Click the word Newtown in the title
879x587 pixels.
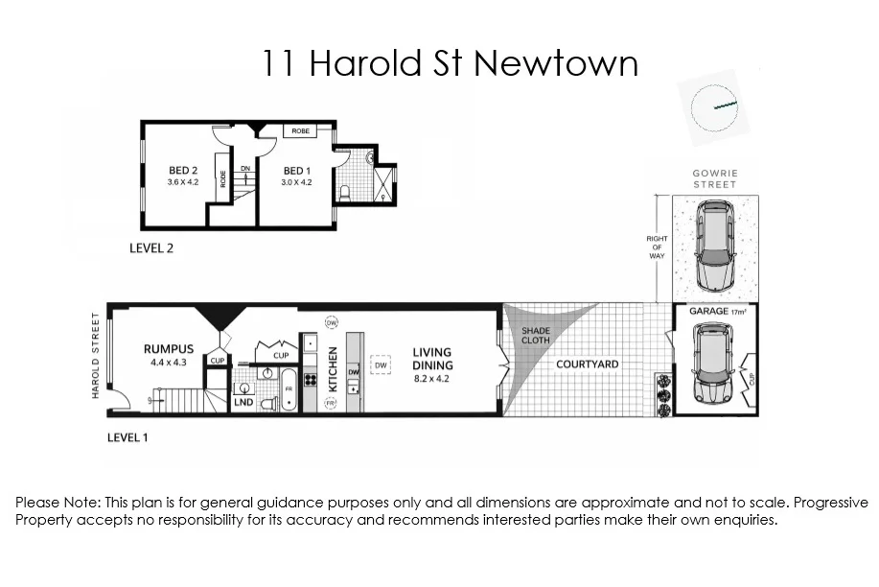[x=556, y=63]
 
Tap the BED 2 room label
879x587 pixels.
[x=182, y=171]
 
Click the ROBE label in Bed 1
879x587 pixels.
[x=301, y=130]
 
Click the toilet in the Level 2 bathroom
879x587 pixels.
[x=346, y=195]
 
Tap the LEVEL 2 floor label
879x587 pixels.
[x=151, y=247]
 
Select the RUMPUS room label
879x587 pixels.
[x=169, y=349]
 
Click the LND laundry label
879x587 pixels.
[x=243, y=404]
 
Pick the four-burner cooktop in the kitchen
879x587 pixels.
[x=310, y=380]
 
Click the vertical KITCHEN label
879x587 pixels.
[x=333, y=367]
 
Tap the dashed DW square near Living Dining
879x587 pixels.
[x=381, y=365]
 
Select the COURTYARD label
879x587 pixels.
[x=588, y=364]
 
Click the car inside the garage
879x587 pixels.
[x=712, y=363]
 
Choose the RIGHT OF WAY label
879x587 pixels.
[x=657, y=246]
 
